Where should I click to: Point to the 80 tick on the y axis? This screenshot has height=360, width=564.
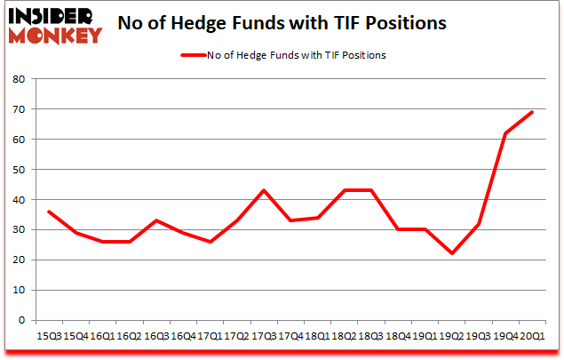(18, 79)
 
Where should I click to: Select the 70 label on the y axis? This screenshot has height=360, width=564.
(18, 109)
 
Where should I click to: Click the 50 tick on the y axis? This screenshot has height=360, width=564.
(18, 170)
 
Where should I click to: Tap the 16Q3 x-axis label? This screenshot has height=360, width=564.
(155, 336)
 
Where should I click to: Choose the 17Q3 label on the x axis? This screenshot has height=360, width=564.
(264, 336)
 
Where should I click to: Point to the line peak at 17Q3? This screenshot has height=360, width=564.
(264, 190)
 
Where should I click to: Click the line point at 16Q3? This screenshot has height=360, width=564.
(155, 220)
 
